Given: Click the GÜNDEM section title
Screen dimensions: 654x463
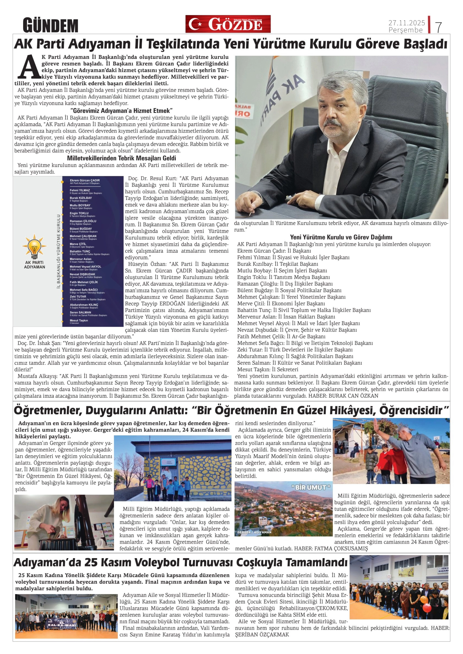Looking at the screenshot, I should pos(50,25).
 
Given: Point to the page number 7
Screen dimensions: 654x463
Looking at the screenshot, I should pos(438,27).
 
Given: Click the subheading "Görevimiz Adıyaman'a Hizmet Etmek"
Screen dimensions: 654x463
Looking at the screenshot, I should pos(121,110).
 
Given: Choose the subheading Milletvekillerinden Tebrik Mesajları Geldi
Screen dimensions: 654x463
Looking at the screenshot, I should pos(121,158).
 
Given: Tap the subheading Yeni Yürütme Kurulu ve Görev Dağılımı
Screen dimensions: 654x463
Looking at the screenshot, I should pos(341,237).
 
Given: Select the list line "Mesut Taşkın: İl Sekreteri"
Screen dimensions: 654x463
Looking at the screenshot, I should pos(268,369).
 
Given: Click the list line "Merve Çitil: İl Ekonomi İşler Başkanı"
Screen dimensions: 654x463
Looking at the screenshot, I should pos(281,303).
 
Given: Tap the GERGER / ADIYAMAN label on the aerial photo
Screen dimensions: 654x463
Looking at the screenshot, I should pos(254,532).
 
